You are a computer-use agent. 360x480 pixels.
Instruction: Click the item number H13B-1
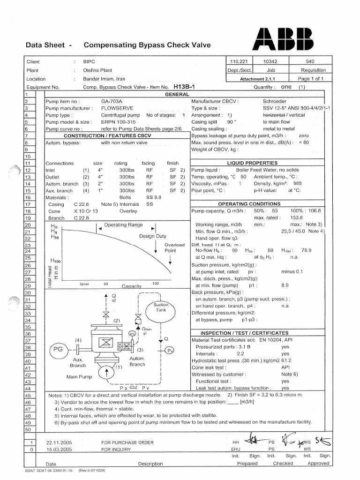point(184,87)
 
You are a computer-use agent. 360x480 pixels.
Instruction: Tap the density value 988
point(297,184)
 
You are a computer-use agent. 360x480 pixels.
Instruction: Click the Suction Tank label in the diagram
point(160,307)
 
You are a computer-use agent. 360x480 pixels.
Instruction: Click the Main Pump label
point(79,377)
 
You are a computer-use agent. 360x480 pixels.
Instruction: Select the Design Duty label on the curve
point(152,236)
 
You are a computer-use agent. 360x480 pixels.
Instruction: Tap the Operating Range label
point(123,225)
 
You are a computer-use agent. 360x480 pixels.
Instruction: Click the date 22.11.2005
point(59,442)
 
